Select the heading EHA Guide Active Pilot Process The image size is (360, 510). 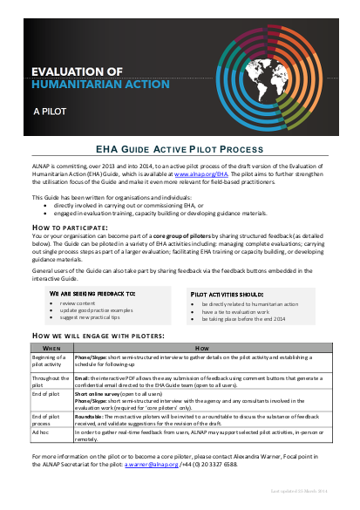(180, 149)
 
